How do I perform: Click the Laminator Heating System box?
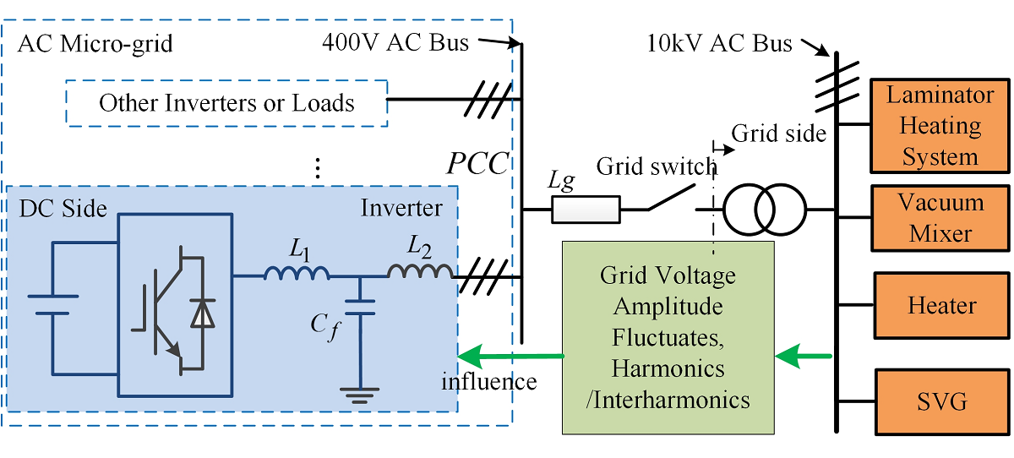pyautogui.click(x=939, y=125)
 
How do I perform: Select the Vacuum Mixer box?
pyautogui.click(x=939, y=217)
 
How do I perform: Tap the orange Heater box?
pyautogui.click(x=940, y=305)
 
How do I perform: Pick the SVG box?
pyautogui.click(x=940, y=401)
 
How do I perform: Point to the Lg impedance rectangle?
pyautogui.click(x=586, y=209)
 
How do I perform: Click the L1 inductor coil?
pyautogui.click(x=297, y=272)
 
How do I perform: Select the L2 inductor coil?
pyautogui.click(x=419, y=271)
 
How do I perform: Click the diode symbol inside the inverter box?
pyautogui.click(x=202, y=314)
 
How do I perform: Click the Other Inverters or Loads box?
pyautogui.click(x=226, y=103)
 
